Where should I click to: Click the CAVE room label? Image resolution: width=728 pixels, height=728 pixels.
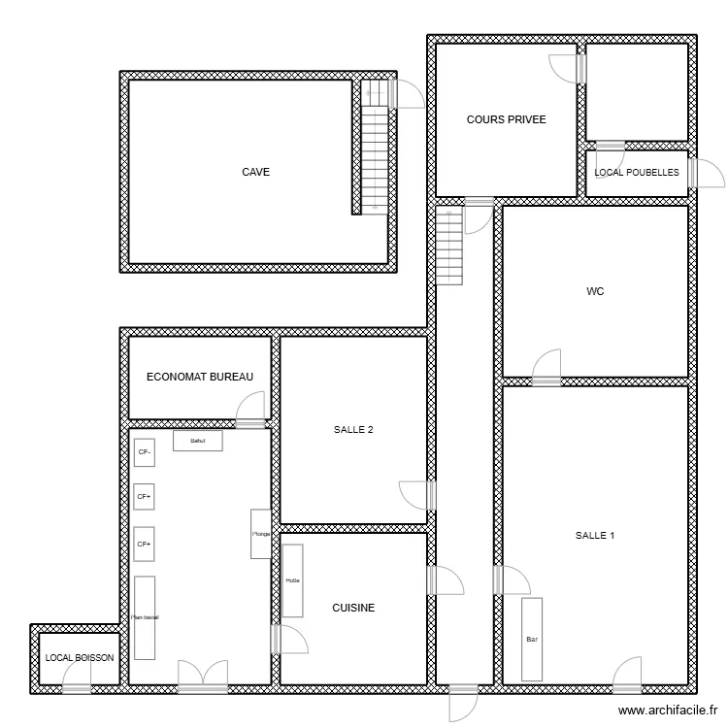point(256,172)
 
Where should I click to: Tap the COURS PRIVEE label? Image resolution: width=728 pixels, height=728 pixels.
point(506,120)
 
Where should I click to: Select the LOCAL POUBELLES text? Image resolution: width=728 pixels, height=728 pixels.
point(637,173)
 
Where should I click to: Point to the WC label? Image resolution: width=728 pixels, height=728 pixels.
point(595,290)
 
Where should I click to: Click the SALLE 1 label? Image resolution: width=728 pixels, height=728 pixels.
point(595,535)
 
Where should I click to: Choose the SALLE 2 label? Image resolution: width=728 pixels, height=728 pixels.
point(353,431)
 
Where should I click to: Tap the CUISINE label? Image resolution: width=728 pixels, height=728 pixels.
point(353,609)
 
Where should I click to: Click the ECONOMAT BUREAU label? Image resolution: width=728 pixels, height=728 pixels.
point(199,377)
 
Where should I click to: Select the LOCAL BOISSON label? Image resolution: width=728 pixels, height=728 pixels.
point(80,658)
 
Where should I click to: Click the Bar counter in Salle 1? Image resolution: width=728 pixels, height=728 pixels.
point(532,640)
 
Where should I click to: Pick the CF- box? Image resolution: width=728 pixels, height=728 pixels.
point(145,452)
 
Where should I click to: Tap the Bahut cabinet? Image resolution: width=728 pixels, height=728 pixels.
point(198,441)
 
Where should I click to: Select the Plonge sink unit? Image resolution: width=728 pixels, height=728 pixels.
point(261,534)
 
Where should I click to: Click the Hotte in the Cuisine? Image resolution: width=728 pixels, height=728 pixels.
point(292,580)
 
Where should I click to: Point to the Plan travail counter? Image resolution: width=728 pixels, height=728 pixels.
point(146,616)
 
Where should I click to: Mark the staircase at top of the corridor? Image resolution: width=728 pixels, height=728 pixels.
point(450,248)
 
